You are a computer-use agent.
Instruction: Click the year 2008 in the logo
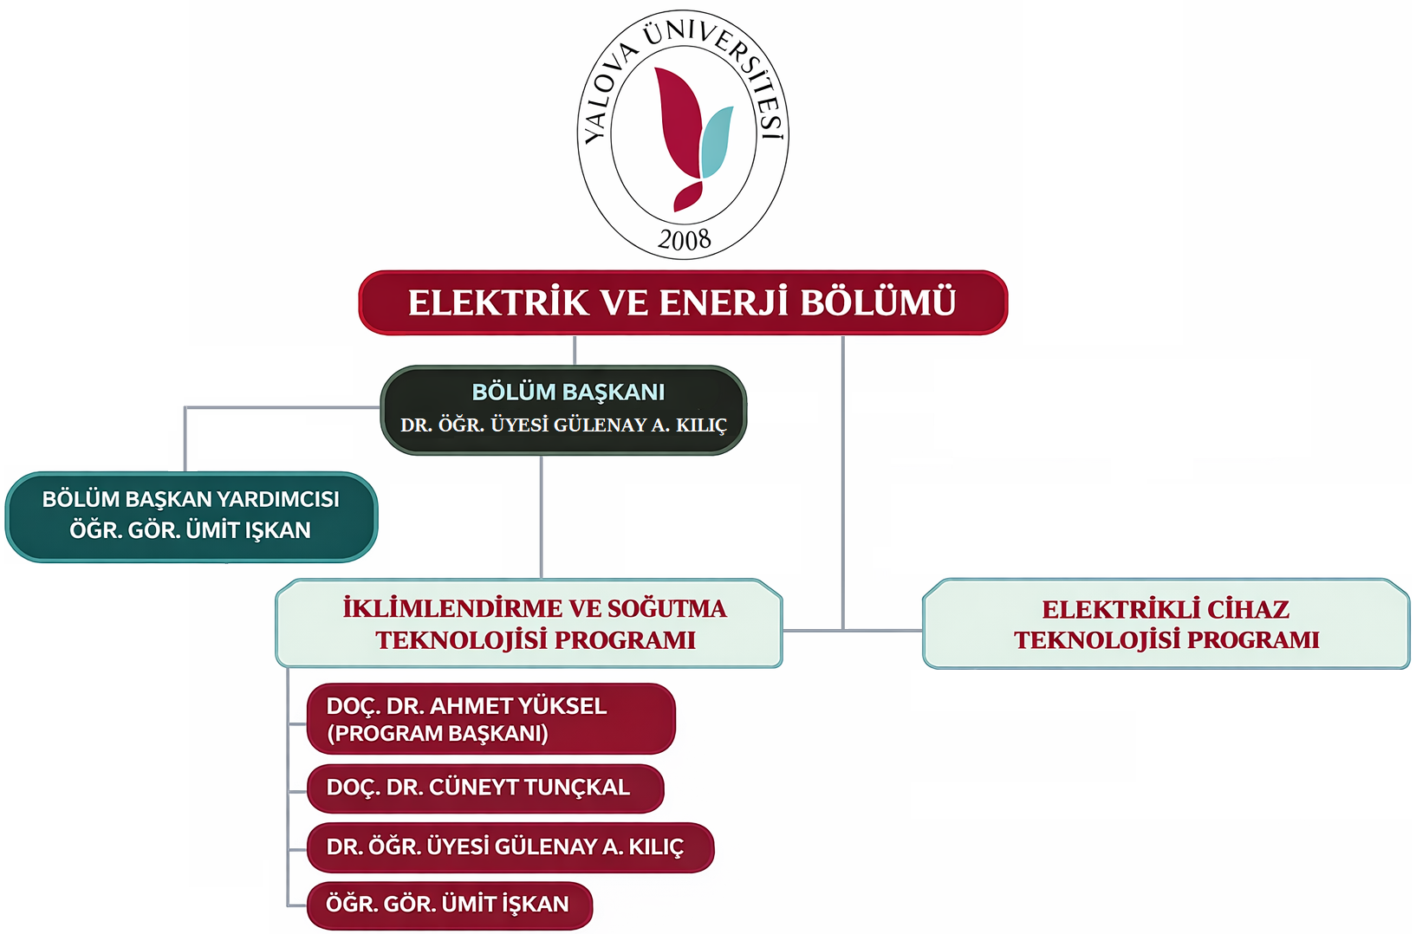(x=684, y=239)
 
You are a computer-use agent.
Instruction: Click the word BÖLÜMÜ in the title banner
(x=877, y=303)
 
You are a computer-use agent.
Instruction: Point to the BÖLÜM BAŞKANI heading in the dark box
(x=568, y=392)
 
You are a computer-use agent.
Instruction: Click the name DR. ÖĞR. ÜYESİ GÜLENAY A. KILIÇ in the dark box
(x=563, y=425)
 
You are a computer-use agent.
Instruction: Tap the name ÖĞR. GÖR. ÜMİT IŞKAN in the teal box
(x=190, y=530)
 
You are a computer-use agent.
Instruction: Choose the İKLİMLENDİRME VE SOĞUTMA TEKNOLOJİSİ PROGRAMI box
(x=529, y=624)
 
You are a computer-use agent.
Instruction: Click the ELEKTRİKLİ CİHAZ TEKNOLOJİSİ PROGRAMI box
(x=1166, y=624)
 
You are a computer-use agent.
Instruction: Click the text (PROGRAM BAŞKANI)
(x=437, y=734)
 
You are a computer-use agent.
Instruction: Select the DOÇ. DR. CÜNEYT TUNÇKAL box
(x=485, y=788)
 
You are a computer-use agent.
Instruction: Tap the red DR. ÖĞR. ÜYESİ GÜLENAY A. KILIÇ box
(x=510, y=847)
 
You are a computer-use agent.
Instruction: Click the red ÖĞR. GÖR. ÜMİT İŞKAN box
(x=449, y=905)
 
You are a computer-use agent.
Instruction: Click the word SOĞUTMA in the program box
(x=666, y=609)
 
